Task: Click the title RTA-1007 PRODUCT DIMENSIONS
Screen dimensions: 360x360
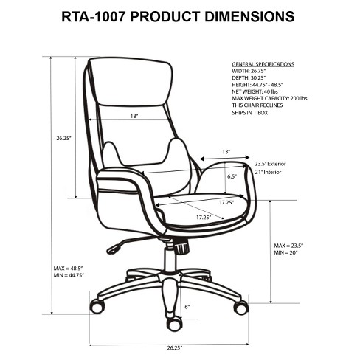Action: coord(178,17)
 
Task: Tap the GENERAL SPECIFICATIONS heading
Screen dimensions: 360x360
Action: coord(263,64)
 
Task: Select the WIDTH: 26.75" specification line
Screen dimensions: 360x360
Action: coord(249,71)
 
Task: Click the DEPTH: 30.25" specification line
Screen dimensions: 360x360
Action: coord(249,78)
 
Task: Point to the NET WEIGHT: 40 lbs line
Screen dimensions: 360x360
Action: coord(255,91)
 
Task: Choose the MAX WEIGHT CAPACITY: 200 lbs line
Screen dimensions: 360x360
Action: coord(269,98)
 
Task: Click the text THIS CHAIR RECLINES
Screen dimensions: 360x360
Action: coord(257,105)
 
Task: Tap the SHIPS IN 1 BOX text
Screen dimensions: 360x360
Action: coord(250,113)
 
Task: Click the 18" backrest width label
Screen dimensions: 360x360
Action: coord(134,116)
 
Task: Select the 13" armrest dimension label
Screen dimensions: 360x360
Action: coord(226,152)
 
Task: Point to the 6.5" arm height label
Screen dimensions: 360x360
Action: coord(232,176)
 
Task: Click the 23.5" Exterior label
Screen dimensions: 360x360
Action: coord(270,164)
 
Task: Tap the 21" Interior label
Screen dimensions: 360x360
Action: coord(268,172)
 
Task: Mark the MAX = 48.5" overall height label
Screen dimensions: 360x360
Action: coord(69,268)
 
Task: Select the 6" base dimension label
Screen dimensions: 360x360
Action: coord(187,307)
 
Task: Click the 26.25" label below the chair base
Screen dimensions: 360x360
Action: coord(175,348)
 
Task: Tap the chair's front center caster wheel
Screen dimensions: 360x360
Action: coord(174,325)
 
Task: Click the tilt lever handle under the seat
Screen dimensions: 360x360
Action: coord(114,248)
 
